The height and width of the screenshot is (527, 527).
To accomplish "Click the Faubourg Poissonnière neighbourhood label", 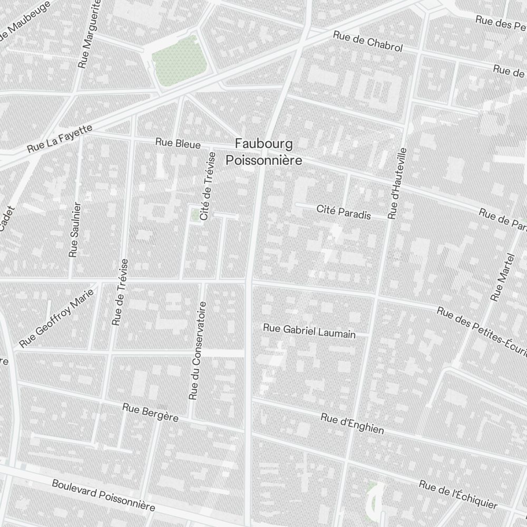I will pyautogui.click(x=263, y=151).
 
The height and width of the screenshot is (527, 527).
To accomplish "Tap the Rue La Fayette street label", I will pyautogui.click(x=60, y=139).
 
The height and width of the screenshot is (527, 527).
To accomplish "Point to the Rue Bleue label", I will pyautogui.click(x=178, y=143).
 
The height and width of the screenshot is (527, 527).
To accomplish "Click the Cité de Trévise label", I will pyautogui.click(x=208, y=186).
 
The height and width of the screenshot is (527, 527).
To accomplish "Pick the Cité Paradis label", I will pyautogui.click(x=344, y=212).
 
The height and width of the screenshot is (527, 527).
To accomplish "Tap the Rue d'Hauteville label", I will pyautogui.click(x=398, y=183).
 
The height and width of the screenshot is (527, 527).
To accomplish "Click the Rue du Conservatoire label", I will pyautogui.click(x=198, y=350).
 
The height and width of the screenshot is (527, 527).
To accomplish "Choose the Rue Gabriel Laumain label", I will pyautogui.click(x=309, y=331).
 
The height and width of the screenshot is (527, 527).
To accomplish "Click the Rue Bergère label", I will pyautogui.click(x=150, y=412).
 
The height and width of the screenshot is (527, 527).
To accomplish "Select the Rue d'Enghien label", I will pyautogui.click(x=352, y=423).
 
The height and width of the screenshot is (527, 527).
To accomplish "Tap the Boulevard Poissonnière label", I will pyautogui.click(x=103, y=495).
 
